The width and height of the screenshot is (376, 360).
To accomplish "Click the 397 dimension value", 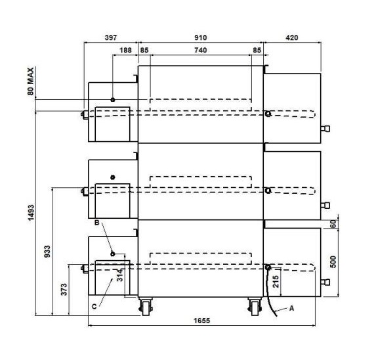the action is point(111,37).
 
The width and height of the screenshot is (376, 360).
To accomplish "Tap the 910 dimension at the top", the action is point(201,37).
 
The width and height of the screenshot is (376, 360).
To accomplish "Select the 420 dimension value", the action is point(292,37).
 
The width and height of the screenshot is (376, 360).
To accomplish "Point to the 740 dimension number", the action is point(201,50).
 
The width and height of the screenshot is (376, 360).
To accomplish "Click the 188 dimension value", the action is point(125,50).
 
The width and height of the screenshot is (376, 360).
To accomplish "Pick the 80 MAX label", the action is point(31,81).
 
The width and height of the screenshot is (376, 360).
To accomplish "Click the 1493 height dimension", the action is point(31,213).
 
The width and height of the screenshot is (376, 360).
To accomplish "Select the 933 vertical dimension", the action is point(47,252).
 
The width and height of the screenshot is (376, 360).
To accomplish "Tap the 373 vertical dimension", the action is point(64,290).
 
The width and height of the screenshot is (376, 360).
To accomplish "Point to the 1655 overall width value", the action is point(201,321).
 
